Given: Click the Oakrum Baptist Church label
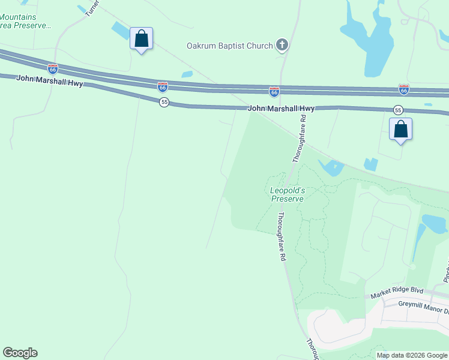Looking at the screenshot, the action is click(230, 46).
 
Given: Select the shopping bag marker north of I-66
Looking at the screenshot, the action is click(141, 39).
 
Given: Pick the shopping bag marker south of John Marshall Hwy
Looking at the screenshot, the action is click(400, 130).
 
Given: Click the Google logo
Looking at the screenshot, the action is click(20, 353).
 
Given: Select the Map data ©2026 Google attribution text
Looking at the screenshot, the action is click(412, 355).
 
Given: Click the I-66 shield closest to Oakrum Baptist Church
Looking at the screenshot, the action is click(274, 91).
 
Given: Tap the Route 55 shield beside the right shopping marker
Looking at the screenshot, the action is click(397, 110).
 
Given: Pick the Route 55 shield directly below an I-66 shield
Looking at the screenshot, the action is click(164, 102).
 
